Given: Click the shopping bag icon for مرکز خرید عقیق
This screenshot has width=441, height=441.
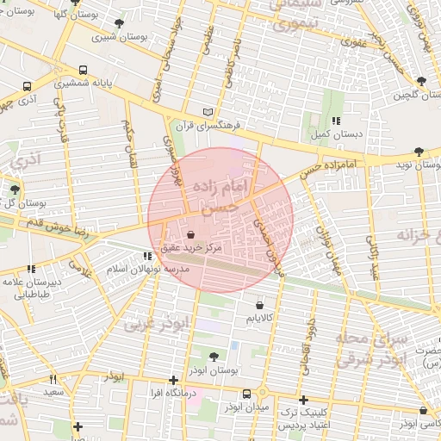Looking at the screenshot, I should tap(189, 233).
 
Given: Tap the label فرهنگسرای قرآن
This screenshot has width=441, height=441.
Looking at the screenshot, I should tap(181, 126).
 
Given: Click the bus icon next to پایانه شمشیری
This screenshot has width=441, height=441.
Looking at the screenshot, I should tap(83, 71).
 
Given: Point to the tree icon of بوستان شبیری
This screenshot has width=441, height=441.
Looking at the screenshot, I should tap(118, 23).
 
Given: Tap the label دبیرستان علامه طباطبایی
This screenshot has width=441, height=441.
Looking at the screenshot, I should tap(30, 287).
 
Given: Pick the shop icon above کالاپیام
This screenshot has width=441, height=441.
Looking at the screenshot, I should tap(260, 305).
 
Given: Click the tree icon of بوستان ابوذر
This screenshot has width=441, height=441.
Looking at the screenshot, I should tap(214, 355).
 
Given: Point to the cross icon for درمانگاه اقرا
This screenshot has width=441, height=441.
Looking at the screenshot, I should tap(174, 379).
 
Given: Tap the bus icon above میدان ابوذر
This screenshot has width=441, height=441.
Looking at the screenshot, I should tap(247, 394).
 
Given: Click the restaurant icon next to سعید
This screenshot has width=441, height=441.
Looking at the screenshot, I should tap(53, 379).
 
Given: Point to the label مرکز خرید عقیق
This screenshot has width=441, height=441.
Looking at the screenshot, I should tap(189, 248).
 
